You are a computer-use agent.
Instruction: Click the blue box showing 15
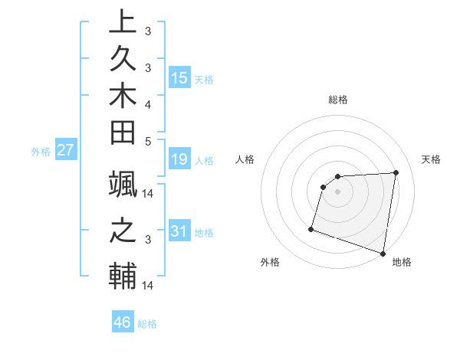(179, 77)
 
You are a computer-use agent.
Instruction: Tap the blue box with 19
(179, 160)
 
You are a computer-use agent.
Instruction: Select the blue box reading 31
(179, 231)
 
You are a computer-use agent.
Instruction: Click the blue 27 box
(65, 150)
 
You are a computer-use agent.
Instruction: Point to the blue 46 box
(122, 322)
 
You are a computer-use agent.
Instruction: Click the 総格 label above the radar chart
(338, 100)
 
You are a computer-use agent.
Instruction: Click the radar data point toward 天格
(396, 173)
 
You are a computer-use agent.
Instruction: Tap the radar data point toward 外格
(311, 228)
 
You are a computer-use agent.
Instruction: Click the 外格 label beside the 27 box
(41, 152)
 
